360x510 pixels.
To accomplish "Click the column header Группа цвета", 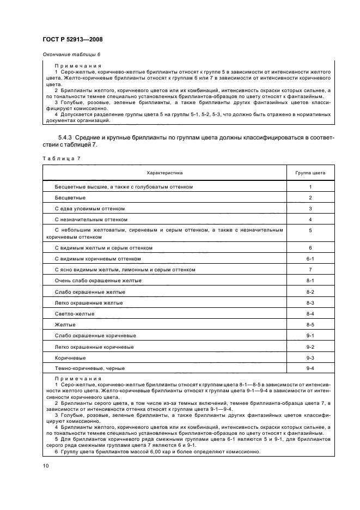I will click(x=310, y=173).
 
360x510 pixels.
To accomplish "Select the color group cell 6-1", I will click(x=310, y=259).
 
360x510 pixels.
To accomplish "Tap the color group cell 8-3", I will click(x=310, y=302).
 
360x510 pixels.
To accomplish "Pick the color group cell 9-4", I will click(x=310, y=368).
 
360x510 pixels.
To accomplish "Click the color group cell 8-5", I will click(x=310, y=324).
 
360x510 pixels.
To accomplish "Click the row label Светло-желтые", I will click(x=75, y=314).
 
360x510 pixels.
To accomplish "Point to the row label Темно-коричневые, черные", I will click(x=89, y=368).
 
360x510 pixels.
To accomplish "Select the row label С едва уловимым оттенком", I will click(x=90, y=209).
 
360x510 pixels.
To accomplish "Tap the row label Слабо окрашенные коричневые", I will click(x=95, y=336).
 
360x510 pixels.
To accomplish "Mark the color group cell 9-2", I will click(x=310, y=347).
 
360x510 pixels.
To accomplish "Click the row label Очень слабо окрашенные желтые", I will click(x=98, y=281).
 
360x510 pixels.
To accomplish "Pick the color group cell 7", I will click(x=310, y=270).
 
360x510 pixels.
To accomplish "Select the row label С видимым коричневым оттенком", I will click(x=97, y=259).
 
